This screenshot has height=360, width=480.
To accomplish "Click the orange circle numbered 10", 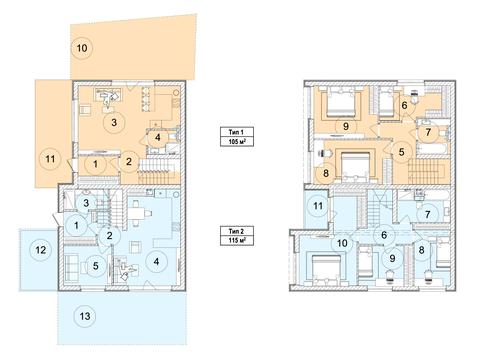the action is (82, 48).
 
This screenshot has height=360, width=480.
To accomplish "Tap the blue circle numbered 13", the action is (85, 316).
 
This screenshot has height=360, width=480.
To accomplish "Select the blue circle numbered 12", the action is (41, 250).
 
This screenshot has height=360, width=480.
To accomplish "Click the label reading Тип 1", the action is (236, 132).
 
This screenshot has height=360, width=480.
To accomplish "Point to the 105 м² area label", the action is (237, 142).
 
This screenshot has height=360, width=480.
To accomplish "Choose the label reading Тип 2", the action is (236, 231).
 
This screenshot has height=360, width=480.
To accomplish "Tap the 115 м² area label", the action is (237, 240).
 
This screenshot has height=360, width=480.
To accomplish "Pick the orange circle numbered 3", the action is (114, 123).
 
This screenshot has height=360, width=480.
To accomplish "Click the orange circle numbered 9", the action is (346, 126).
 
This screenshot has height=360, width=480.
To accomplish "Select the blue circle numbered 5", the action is (96, 266).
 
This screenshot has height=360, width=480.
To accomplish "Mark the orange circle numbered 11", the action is (50, 159).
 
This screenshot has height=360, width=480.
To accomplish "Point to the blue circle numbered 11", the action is (318, 206).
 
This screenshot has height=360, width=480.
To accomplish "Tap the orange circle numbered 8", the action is (326, 173).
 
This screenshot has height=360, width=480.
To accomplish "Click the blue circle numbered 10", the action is (342, 243).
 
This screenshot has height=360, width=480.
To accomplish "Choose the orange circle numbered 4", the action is (158, 137).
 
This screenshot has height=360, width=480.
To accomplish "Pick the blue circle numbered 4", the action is (156, 262).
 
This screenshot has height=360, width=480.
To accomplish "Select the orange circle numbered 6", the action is (404, 106).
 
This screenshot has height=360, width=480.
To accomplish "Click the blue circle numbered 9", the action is (392, 258).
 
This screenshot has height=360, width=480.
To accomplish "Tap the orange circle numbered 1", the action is (96, 164).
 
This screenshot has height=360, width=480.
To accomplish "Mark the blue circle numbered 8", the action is (421, 250).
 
